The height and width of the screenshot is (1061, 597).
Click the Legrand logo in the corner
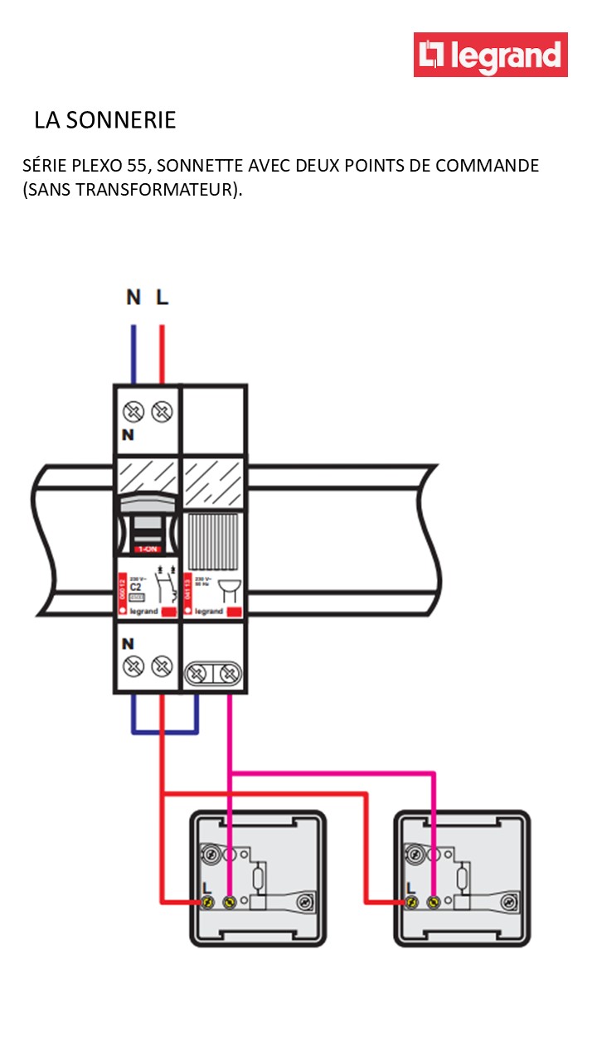tap(491, 55)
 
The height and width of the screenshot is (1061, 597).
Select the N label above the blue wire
tap(133, 297)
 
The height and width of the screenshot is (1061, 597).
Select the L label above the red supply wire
tap(162, 297)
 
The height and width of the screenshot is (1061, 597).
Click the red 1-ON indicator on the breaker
tap(150, 549)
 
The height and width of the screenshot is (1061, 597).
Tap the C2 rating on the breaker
tap(136, 585)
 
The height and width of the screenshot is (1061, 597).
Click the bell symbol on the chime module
tap(226, 589)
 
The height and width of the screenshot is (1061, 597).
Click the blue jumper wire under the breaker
tap(164, 732)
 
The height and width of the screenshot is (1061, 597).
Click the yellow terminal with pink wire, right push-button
tap(433, 901)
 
